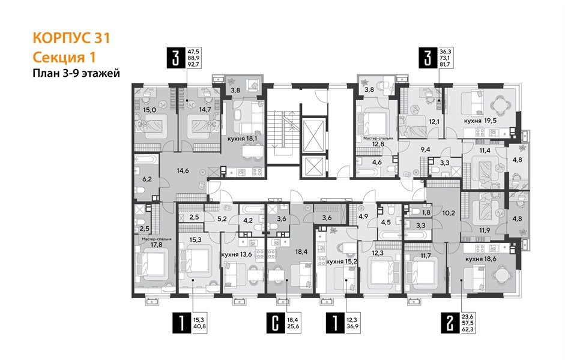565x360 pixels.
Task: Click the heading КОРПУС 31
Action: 71,38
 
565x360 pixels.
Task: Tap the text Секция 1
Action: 63,57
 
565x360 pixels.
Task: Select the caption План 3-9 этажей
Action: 76,73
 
